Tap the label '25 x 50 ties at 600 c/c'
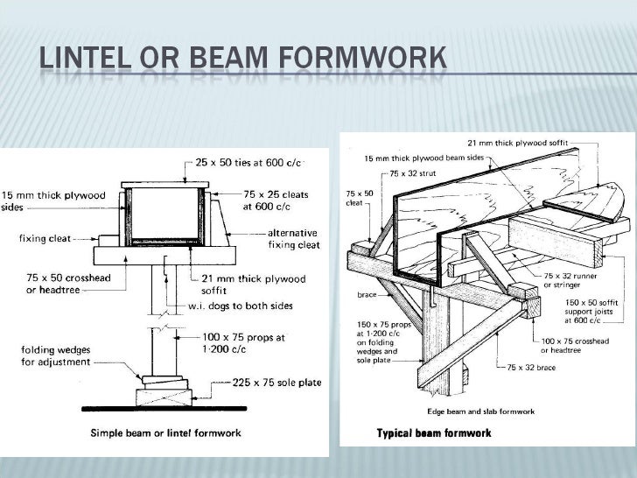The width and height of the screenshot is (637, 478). point(246,163)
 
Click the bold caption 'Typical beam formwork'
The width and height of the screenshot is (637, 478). point(434,432)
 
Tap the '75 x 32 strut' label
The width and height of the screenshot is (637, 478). point(414,173)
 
